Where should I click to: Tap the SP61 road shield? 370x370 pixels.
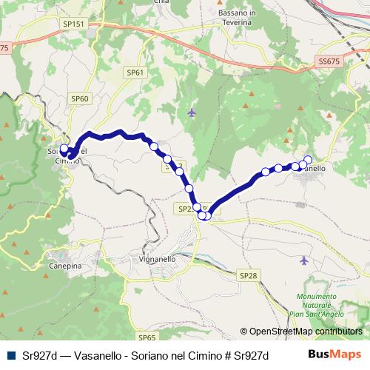(x=134, y=73)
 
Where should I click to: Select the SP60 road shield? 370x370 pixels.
(x=80, y=98)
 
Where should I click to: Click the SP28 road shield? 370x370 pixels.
(x=249, y=275)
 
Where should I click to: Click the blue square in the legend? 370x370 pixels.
(x=10, y=354)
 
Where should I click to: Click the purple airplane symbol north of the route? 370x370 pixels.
(x=192, y=112)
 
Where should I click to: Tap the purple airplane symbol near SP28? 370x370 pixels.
(x=305, y=260)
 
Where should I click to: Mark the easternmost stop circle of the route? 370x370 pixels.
(x=308, y=160)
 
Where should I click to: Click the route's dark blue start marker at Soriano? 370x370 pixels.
(x=64, y=149)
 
